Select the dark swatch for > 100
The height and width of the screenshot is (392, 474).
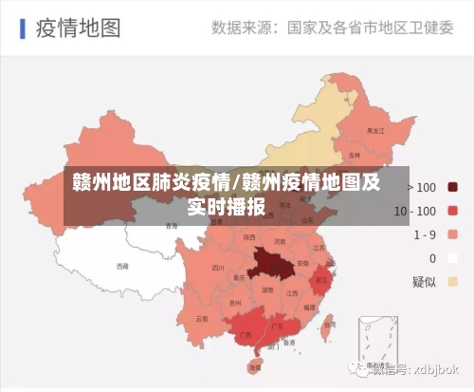point(453,187)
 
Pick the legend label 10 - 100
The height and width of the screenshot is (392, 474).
point(414,211)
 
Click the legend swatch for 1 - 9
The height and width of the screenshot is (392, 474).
point(453,233)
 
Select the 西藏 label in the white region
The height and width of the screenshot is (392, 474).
point(121,267)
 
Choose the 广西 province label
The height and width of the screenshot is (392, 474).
point(246,334)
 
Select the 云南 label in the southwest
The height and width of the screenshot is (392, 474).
point(201,319)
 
